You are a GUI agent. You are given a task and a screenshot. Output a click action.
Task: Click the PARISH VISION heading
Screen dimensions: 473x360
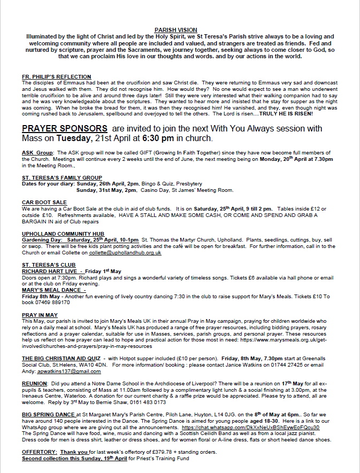coord(180,30)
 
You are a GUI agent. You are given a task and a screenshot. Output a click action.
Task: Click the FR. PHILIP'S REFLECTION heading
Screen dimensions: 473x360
coord(57,77)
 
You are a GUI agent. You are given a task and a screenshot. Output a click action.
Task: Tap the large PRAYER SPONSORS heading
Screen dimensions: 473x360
coord(64,128)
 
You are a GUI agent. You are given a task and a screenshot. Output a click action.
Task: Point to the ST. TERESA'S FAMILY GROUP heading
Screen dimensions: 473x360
coord(62,177)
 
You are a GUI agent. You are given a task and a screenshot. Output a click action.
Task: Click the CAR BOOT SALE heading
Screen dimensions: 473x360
coord(45,203)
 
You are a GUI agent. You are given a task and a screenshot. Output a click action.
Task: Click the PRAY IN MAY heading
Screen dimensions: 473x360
coord(40,315)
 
